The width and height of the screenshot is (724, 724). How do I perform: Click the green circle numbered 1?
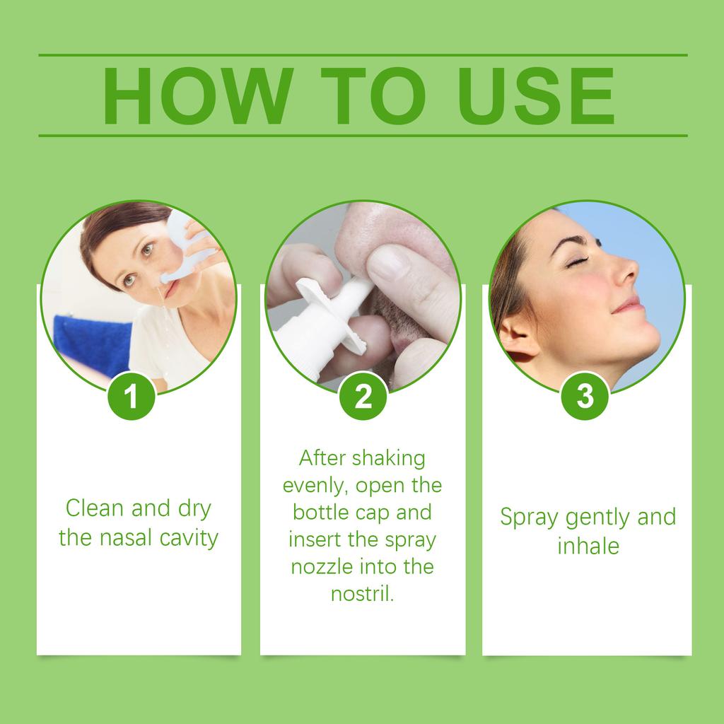point(131,396)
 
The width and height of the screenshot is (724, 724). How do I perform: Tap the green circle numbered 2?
point(363,396)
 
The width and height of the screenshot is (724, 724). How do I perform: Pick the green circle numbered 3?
point(585,396)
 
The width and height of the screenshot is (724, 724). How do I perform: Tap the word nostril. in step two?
point(362,594)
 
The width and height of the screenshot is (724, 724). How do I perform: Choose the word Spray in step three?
point(529,518)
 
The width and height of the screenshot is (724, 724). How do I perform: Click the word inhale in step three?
point(588,546)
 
